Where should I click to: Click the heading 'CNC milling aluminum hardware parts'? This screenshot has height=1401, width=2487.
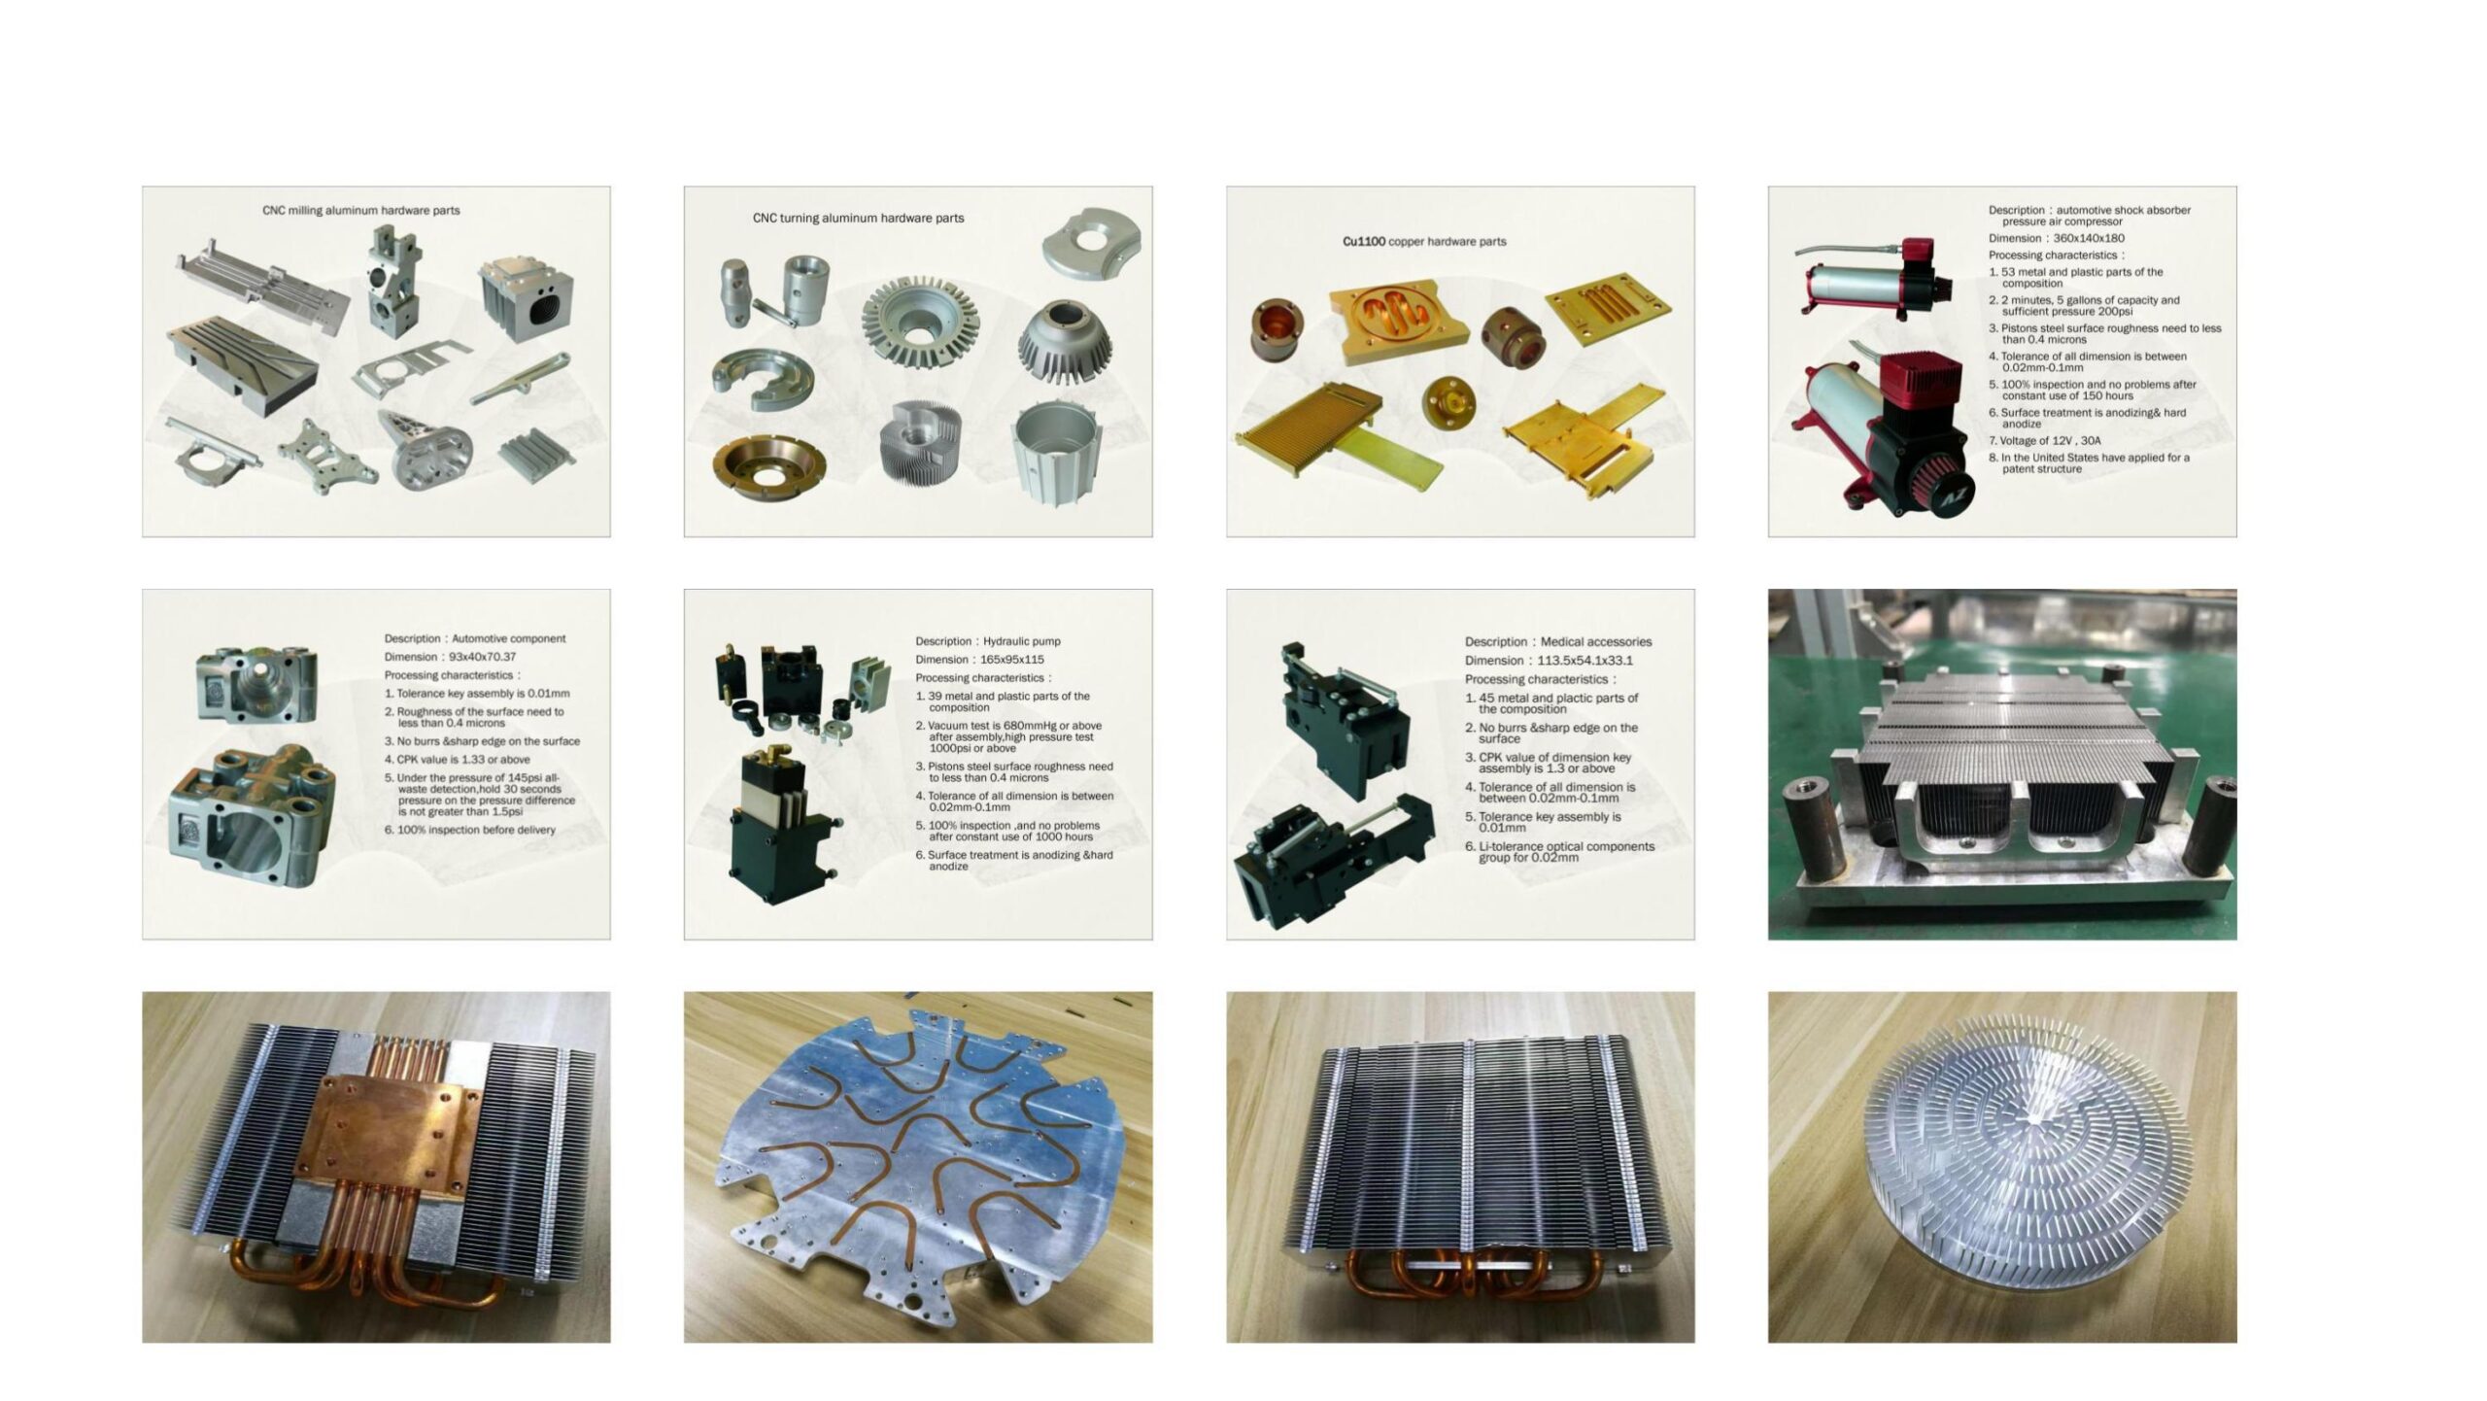(360, 210)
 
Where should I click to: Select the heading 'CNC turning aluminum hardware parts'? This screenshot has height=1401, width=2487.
(858, 218)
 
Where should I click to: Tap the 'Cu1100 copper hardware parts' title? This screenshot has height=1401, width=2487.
(1424, 241)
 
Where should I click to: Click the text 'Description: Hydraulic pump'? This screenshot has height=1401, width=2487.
(987, 641)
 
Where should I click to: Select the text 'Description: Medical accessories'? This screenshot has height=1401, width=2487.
(1558, 641)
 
